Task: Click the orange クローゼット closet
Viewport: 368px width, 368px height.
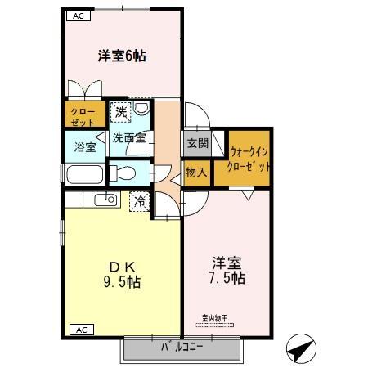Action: pos(81,116)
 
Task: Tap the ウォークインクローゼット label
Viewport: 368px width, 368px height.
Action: pos(250,158)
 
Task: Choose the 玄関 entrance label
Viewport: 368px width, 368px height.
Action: pos(197,144)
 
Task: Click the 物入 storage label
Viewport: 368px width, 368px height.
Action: pos(196,173)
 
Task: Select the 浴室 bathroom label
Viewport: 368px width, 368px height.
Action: pos(85,148)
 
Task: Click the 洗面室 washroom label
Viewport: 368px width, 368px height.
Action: pos(129,138)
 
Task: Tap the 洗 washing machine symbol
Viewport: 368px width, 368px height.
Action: pos(120,110)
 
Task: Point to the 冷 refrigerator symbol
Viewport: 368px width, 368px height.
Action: pos(140,200)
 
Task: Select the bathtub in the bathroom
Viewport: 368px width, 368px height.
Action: pos(83,175)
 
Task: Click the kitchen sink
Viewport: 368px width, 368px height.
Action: pos(106,200)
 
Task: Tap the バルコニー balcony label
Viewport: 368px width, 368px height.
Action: pos(182,348)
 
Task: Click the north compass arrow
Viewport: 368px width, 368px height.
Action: pos(300,349)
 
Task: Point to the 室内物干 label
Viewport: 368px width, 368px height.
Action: pos(216,317)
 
